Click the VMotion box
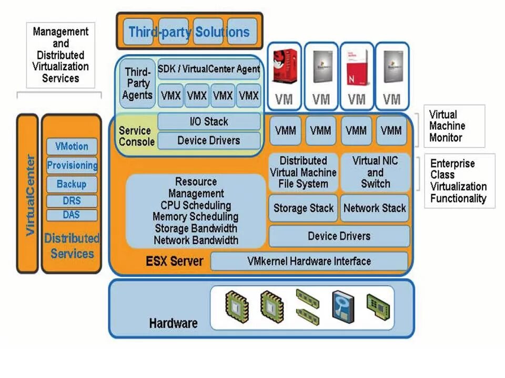pos(72,146)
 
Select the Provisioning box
pos(72,165)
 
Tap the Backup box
pos(72,184)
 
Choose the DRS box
pos(72,201)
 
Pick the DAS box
pos(72,215)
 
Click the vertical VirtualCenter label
pos(29,194)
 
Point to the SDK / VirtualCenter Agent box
pos(209,69)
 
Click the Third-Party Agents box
pos(137,83)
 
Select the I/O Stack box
pos(209,121)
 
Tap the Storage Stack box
pos(304,208)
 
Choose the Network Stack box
pos(375,208)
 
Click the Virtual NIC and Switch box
pos(375,172)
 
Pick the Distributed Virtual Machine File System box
pos(304,172)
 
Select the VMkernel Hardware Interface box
pos(309,261)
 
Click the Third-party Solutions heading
pos(189,31)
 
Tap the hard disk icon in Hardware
pos(342,307)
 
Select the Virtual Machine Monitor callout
pos(447,126)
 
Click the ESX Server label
pos(175,260)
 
